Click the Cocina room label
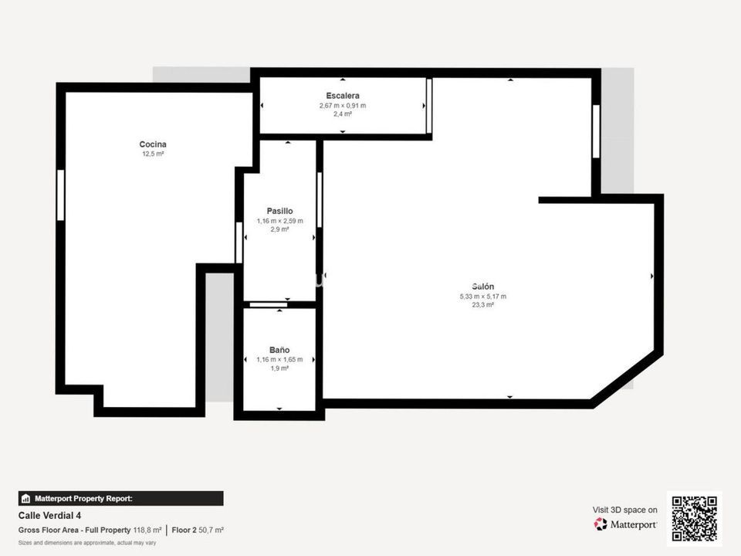coord(153,144)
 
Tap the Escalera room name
coord(343,96)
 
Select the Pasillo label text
coord(279,211)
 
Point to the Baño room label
coord(279,350)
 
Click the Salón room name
coord(483,286)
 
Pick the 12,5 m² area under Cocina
coord(153,154)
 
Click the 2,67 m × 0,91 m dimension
coord(343,106)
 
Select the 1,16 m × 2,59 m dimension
coord(279,221)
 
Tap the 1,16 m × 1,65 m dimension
coord(279,359)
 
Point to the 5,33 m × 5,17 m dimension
coord(483,297)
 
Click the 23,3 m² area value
coord(483,305)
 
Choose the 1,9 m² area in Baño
coord(279,368)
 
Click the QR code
coord(694,519)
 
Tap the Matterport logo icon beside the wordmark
coord(601,524)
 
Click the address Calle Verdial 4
coord(49,515)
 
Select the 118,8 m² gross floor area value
coord(147,530)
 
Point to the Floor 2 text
coord(184,530)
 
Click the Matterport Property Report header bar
coord(121,498)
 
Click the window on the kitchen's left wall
coord(60,195)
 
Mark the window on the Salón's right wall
coord(596,131)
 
